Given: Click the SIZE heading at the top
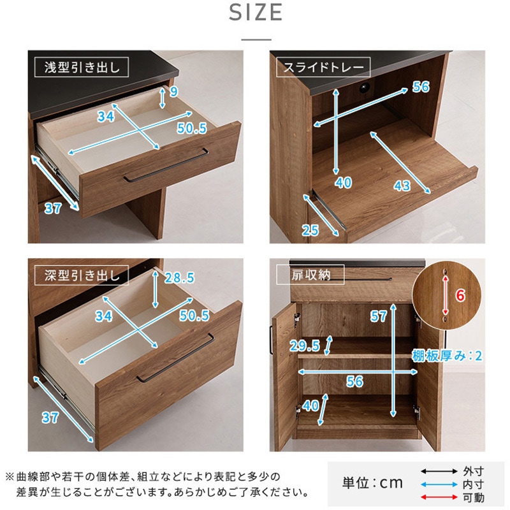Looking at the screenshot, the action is (x=256, y=13).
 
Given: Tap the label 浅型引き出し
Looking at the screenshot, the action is (x=82, y=68).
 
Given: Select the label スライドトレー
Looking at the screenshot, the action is (x=323, y=68).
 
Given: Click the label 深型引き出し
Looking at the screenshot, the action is (x=82, y=275).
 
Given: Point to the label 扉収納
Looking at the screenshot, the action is (x=310, y=275).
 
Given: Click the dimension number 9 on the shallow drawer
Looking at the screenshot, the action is (x=174, y=92).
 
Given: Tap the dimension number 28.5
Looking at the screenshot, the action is (x=179, y=278).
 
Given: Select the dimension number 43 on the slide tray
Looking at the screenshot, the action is (x=402, y=186).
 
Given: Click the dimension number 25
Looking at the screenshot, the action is (x=310, y=231).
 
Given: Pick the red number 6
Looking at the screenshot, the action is (x=460, y=295).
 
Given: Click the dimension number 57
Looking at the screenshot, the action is (x=378, y=316).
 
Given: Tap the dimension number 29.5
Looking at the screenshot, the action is (x=305, y=346).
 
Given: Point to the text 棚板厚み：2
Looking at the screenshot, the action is (x=447, y=356).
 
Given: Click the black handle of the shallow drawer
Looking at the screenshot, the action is (x=166, y=165).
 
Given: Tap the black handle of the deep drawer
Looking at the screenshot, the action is (x=176, y=358).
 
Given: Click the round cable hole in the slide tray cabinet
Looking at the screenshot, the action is (x=365, y=87).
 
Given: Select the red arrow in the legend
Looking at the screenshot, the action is (x=439, y=497).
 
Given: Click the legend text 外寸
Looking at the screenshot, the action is (x=473, y=471).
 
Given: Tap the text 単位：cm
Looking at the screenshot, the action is (x=372, y=483).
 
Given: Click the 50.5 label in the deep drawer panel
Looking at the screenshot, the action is (x=194, y=316).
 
